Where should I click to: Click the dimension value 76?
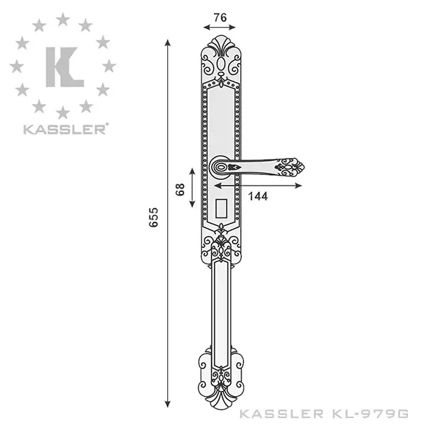tap(220, 18)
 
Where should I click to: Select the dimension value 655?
tap(154, 217)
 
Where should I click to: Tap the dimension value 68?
tap(180, 189)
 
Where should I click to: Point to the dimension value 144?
tap(258, 196)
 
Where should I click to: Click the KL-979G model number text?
tap(370, 414)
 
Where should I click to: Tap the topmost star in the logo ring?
tap(63, 19)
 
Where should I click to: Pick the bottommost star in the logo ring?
tap(63, 113)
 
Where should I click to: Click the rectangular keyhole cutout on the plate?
tap(222, 208)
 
